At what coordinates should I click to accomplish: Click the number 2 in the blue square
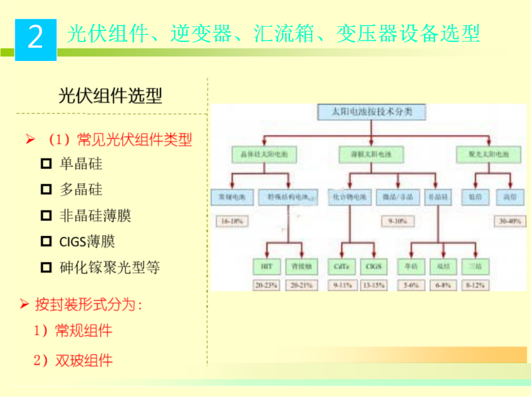(35, 37)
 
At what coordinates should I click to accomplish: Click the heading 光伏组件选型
(110, 95)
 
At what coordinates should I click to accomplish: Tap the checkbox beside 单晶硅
(46, 164)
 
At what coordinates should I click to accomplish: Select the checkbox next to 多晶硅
(46, 190)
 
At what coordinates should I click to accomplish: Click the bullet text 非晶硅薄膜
(95, 216)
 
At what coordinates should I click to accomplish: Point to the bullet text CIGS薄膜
(87, 242)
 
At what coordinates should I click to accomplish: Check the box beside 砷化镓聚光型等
(46, 268)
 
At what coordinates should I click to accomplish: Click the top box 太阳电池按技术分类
(372, 112)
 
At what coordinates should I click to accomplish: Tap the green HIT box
(267, 267)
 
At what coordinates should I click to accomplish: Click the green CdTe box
(342, 267)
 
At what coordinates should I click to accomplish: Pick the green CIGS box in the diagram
(374, 267)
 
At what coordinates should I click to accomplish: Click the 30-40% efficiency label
(510, 222)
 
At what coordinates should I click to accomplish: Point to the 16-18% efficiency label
(232, 222)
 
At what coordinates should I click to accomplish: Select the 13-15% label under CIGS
(374, 285)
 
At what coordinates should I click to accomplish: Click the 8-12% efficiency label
(474, 285)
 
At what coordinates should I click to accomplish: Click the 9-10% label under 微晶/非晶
(397, 222)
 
